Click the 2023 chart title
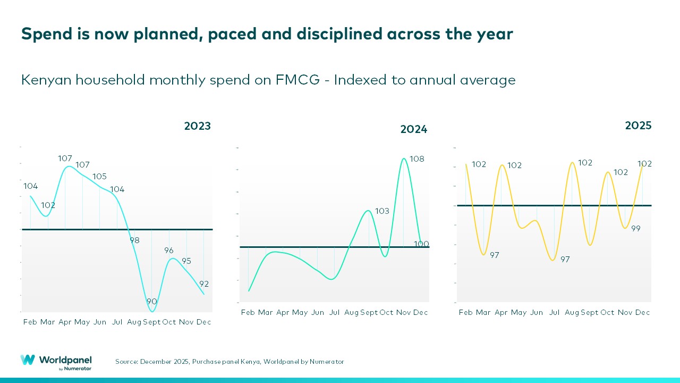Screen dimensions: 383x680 (198, 127)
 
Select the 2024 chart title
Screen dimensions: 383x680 (414, 130)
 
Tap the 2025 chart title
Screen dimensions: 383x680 (638, 126)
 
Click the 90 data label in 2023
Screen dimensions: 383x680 (152, 302)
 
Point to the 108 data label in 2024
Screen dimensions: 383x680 (417, 159)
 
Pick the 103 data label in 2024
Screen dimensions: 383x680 (382, 211)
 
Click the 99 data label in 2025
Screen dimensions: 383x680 (635, 229)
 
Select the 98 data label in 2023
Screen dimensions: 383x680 (134, 240)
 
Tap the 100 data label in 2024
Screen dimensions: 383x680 (421, 244)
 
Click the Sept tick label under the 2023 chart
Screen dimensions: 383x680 (151, 322)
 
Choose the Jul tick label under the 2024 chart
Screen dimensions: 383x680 (334, 312)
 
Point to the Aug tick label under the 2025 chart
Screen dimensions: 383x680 (572, 313)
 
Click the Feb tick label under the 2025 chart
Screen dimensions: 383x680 (466, 313)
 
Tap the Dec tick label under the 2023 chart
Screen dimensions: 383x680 (204, 322)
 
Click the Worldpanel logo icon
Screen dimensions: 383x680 (28, 360)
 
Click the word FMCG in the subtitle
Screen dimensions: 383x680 (297, 80)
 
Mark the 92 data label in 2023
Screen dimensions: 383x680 (204, 284)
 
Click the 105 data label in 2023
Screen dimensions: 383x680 (100, 177)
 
